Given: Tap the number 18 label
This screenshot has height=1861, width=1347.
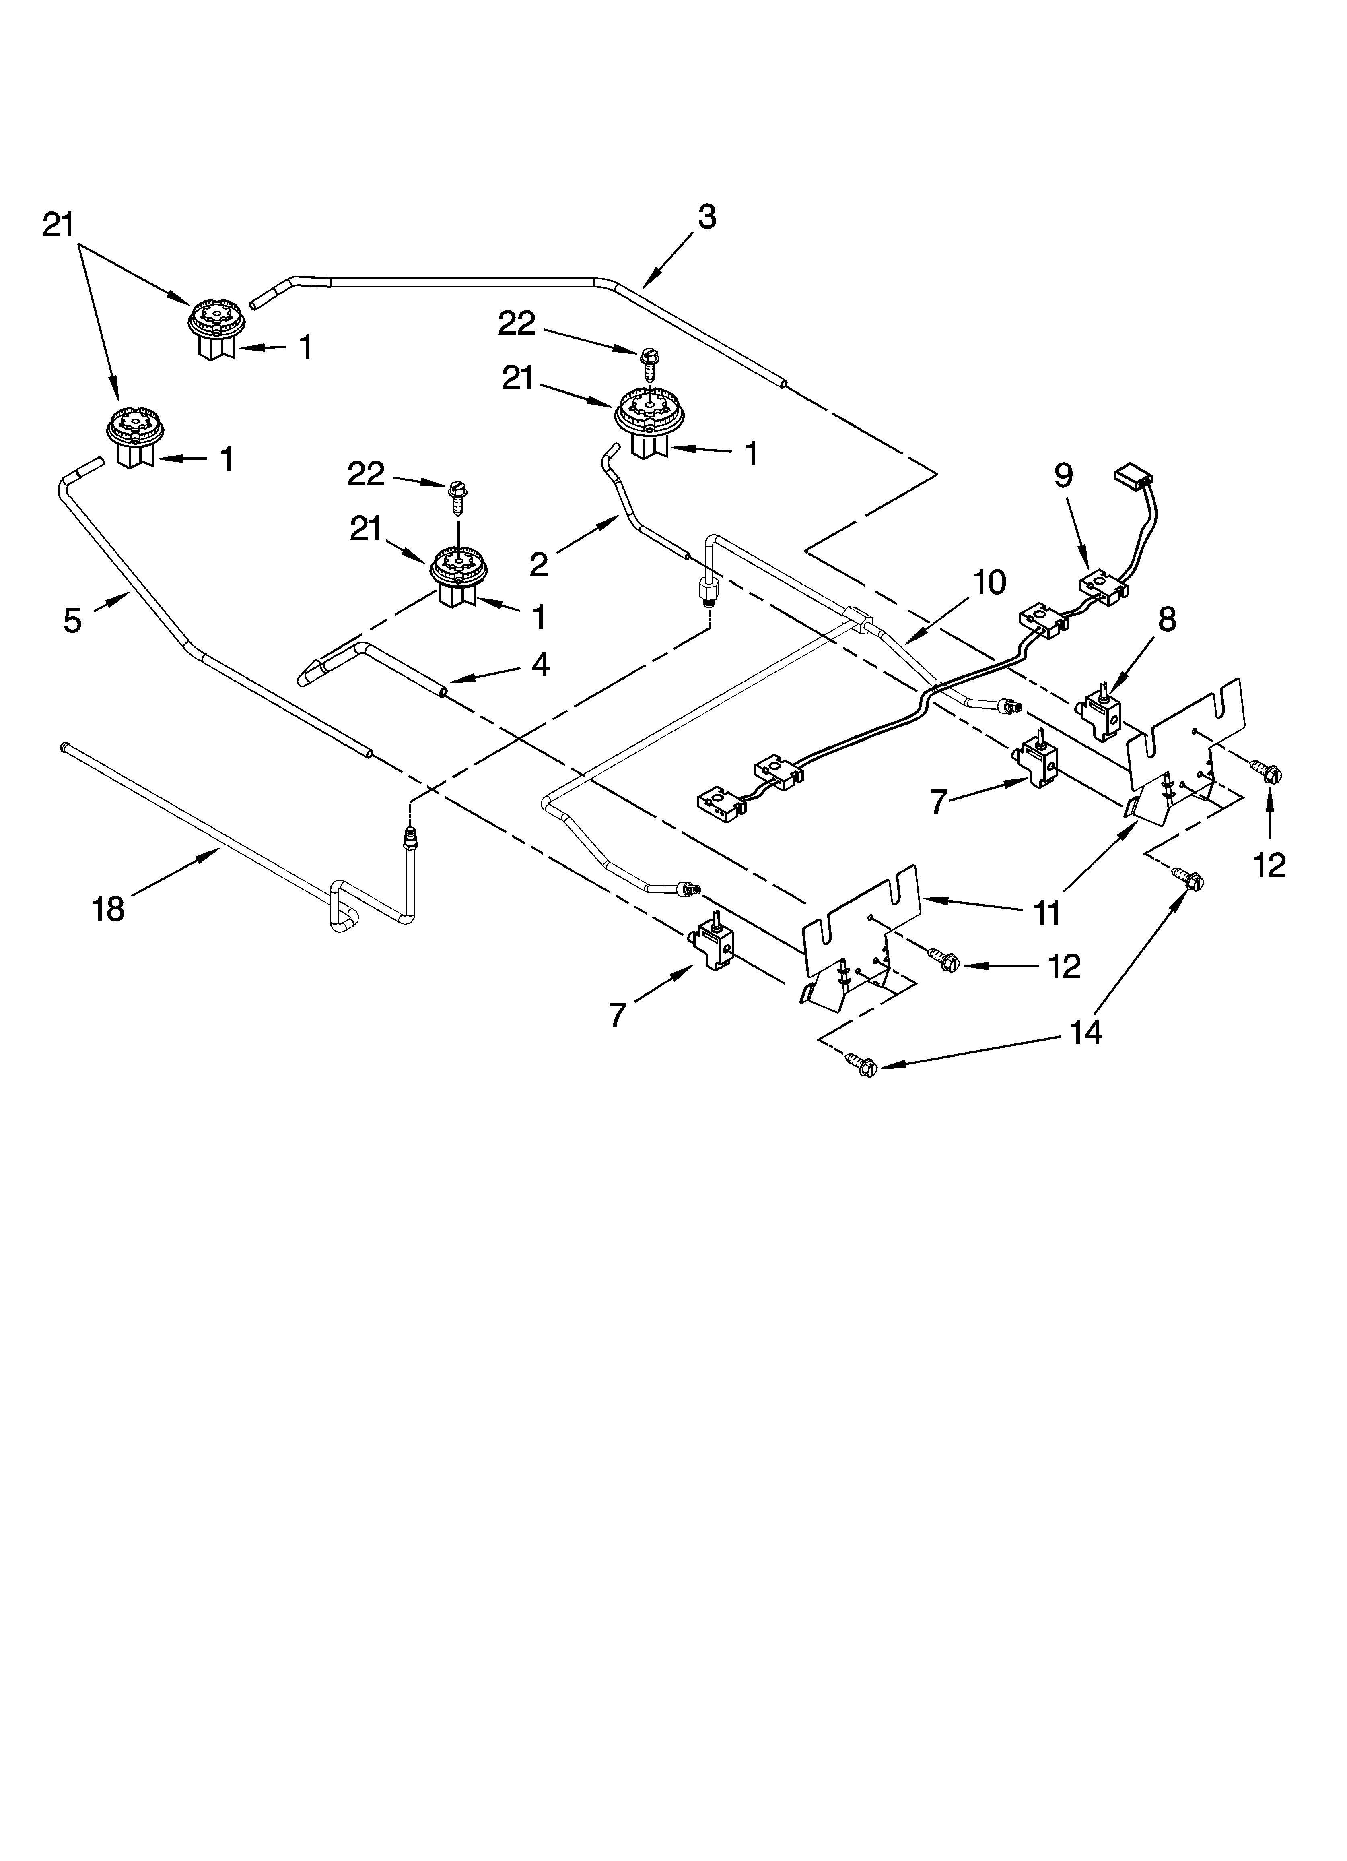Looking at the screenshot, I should pos(108,909).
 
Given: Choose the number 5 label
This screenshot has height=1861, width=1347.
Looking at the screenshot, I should pos(72,621).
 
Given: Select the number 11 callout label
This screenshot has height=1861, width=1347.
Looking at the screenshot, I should pos(1047,913).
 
